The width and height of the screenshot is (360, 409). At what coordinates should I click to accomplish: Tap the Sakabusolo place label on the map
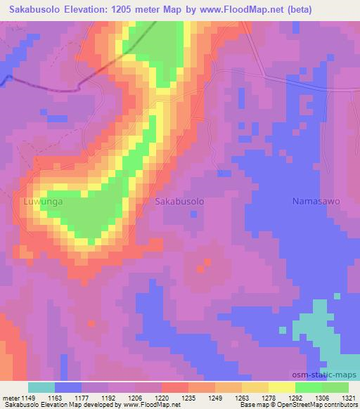179,201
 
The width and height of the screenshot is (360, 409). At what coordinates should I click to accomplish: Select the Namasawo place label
316,201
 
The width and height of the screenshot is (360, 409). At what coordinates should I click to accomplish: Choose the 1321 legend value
347,397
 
